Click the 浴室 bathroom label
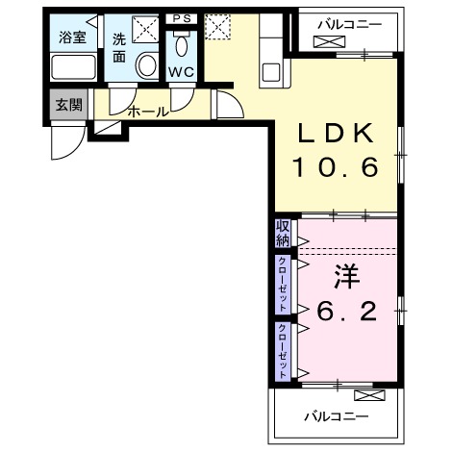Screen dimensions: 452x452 [73, 39]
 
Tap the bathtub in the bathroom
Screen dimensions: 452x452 [73, 69]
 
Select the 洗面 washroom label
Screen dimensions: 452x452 [119, 47]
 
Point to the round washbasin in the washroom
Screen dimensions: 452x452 [147, 66]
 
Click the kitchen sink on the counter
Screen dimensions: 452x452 [270, 72]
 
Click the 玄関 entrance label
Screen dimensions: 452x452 [67, 104]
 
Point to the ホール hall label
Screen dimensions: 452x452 [148, 112]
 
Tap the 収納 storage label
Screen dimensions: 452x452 [283, 232]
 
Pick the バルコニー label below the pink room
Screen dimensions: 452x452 [337, 416]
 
